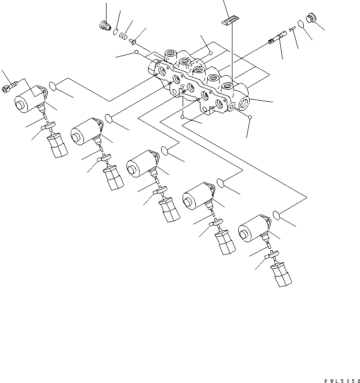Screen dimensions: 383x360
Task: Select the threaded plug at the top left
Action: coord(104,25)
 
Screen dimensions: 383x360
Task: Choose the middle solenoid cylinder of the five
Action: coord(139,164)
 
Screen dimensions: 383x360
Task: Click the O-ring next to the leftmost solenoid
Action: coord(53,86)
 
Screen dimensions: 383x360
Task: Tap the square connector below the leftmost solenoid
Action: coord(57,145)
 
